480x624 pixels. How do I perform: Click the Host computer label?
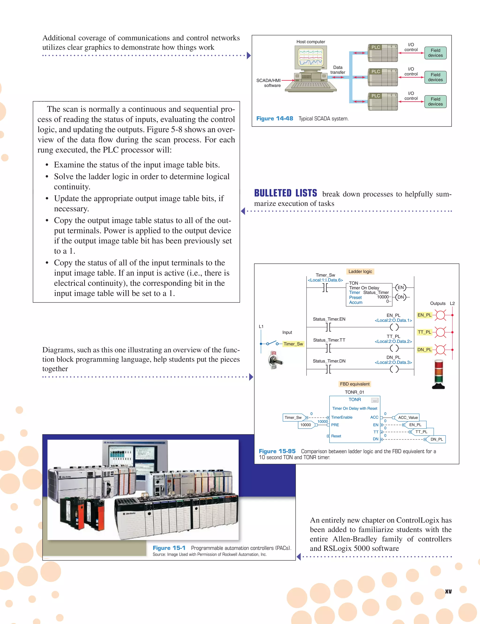(311, 42)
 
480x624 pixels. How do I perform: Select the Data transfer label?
(338, 70)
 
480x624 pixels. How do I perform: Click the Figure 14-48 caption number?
(275, 119)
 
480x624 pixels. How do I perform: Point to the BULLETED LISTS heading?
(285, 193)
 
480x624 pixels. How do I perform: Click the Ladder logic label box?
(360, 271)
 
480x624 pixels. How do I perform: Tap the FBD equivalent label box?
(355, 384)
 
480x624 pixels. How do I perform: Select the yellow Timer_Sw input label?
(293, 344)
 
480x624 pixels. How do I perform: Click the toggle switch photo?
(275, 360)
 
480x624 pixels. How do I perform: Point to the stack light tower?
(438, 374)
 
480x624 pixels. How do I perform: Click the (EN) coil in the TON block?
(401, 288)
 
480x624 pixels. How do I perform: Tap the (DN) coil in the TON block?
(401, 297)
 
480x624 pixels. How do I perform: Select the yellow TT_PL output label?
(424, 332)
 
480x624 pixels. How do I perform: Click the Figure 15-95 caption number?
(277, 451)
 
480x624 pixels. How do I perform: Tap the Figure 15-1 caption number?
(169, 548)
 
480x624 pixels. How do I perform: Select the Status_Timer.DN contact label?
(329, 361)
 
